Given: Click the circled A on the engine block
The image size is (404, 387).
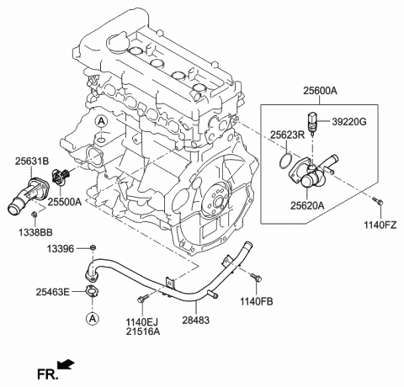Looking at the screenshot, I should (101, 123).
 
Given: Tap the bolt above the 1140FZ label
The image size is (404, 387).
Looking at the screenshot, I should (377, 201).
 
